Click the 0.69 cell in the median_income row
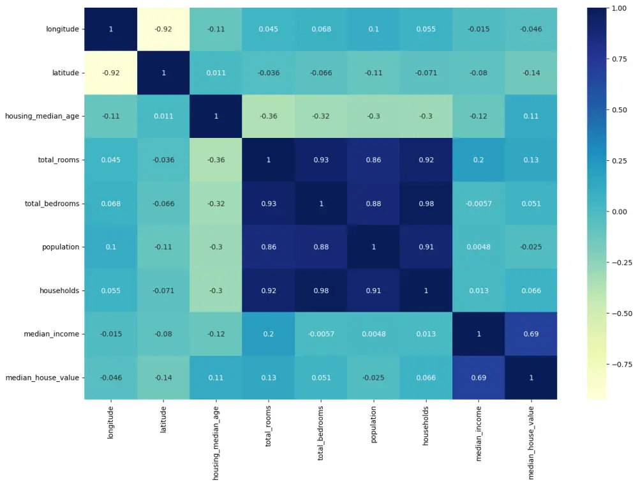pyautogui.click(x=531, y=334)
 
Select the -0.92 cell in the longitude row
pyautogui.click(x=163, y=29)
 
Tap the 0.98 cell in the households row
pyautogui.click(x=321, y=291)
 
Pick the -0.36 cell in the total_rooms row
pyautogui.click(x=216, y=160)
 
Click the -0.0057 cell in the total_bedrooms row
pyautogui.click(x=478, y=203)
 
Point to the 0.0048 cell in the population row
pyautogui.click(x=478, y=246)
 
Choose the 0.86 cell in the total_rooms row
pyautogui.click(x=373, y=160)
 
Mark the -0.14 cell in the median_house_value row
pyautogui.click(x=163, y=377)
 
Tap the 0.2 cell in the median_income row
pyautogui.click(x=268, y=334)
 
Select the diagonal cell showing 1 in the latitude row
pyautogui.click(x=163, y=72)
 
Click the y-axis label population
pyautogui.click(x=61, y=246)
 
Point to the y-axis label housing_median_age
pyautogui.click(x=42, y=116)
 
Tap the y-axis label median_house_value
pyautogui.click(x=42, y=377)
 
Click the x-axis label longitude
pyautogui.click(x=111, y=422)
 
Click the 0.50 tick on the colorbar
pyautogui.click(x=619, y=110)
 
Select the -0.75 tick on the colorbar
pyautogui.click(x=619, y=364)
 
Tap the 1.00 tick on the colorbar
pyautogui.click(x=619, y=8)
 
